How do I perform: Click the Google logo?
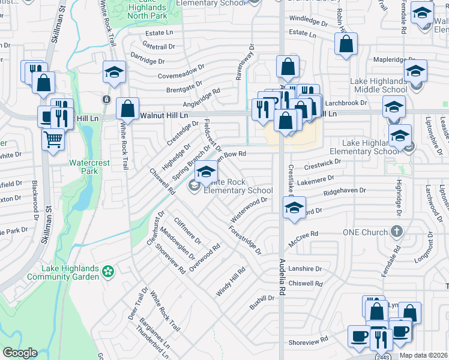[x=20, y=353]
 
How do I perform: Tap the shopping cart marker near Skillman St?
[x=53, y=141]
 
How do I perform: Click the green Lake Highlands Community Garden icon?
[x=108, y=272]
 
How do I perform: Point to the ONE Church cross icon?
[x=396, y=231]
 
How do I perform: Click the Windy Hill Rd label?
[x=231, y=281]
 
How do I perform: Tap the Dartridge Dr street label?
[x=147, y=61]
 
